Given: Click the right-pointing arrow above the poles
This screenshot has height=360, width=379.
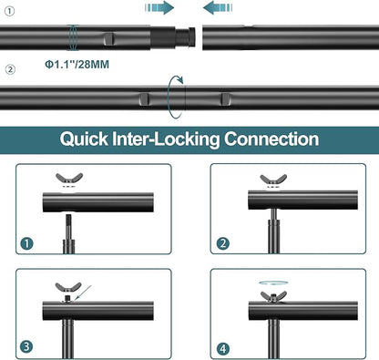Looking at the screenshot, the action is (159, 7).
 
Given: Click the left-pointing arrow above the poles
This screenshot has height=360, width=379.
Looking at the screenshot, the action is (218, 7).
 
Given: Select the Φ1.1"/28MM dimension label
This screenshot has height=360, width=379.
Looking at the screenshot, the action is (77, 65).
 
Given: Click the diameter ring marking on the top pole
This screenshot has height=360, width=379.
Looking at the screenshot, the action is (73, 37).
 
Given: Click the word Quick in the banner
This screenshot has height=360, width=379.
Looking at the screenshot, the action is (84, 139).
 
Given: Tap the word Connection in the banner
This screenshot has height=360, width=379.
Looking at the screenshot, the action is (271, 139).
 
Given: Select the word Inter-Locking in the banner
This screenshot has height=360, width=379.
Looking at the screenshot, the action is (166, 139).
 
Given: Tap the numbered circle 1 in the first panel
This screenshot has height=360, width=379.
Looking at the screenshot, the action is (26, 243).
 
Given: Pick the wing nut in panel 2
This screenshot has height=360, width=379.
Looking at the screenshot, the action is (273, 180).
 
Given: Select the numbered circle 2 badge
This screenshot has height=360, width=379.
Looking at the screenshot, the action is (223, 243).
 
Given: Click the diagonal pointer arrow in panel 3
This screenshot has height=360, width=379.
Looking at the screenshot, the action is (82, 293).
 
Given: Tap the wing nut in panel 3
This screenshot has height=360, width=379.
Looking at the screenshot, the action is (68, 287).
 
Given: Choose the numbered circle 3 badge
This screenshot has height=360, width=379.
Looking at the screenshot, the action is (26, 346).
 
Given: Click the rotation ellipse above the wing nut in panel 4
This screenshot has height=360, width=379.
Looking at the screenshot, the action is (273, 283).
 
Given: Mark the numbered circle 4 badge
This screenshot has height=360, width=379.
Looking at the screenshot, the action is (223, 349).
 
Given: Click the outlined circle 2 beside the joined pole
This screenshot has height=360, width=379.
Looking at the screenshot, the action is (10, 69).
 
